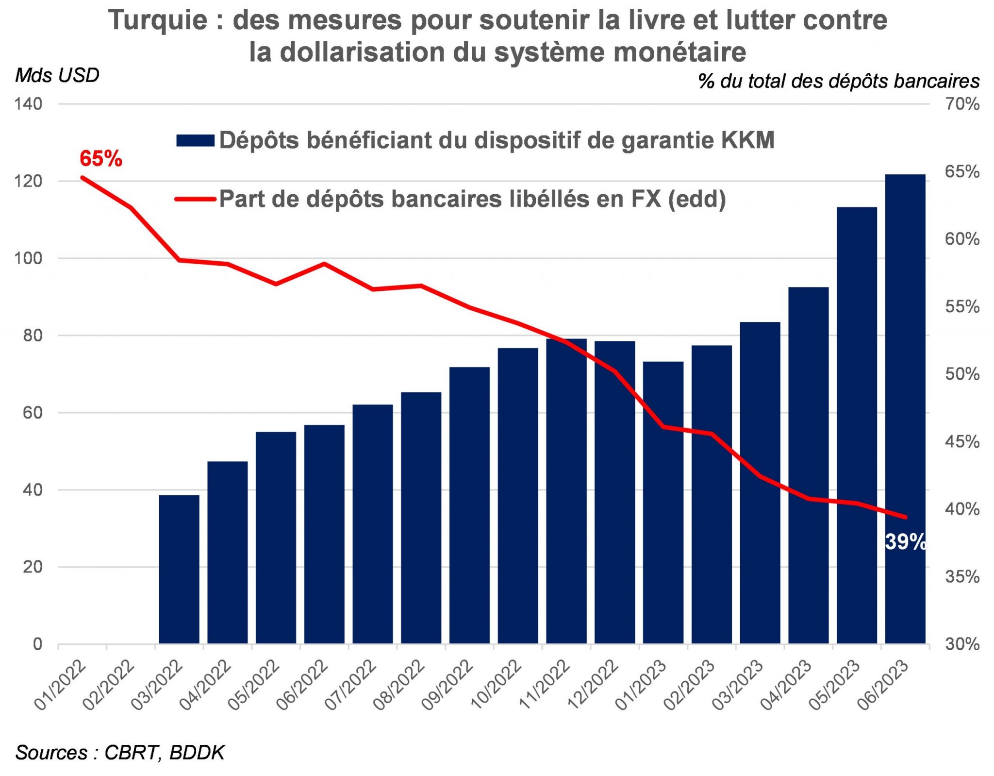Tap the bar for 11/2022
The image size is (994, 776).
(x=566, y=491)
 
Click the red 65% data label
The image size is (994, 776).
(x=101, y=159)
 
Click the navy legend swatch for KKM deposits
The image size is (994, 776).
(x=195, y=141)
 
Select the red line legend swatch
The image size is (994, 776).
(x=195, y=199)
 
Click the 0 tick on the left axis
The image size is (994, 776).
(x=37, y=644)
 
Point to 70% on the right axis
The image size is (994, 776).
(x=962, y=104)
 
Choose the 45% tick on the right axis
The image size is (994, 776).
(x=962, y=442)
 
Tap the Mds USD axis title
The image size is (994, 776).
(x=57, y=76)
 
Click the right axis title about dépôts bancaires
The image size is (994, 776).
(x=839, y=81)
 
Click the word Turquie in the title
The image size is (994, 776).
(x=158, y=20)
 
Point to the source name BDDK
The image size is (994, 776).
(x=197, y=753)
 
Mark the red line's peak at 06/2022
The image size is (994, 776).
(x=324, y=264)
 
